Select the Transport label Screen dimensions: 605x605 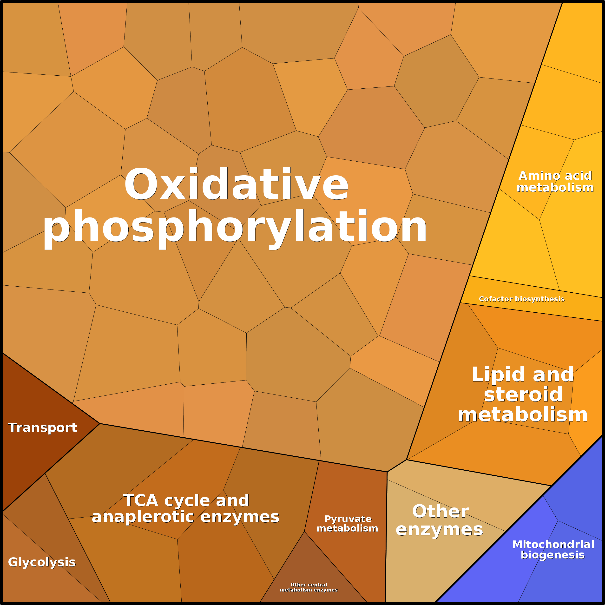[x=43, y=428]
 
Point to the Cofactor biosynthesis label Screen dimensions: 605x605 [x=522, y=299]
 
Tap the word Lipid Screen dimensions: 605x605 [x=491, y=375]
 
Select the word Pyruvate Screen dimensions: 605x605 [x=348, y=519]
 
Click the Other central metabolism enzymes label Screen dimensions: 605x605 [x=309, y=587]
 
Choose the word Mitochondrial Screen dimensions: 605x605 [x=553, y=545]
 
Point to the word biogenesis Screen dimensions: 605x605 [x=553, y=555]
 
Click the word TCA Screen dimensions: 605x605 [x=141, y=500]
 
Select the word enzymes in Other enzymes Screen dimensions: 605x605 [x=439, y=530]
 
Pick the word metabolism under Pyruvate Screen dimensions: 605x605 [x=347, y=529]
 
